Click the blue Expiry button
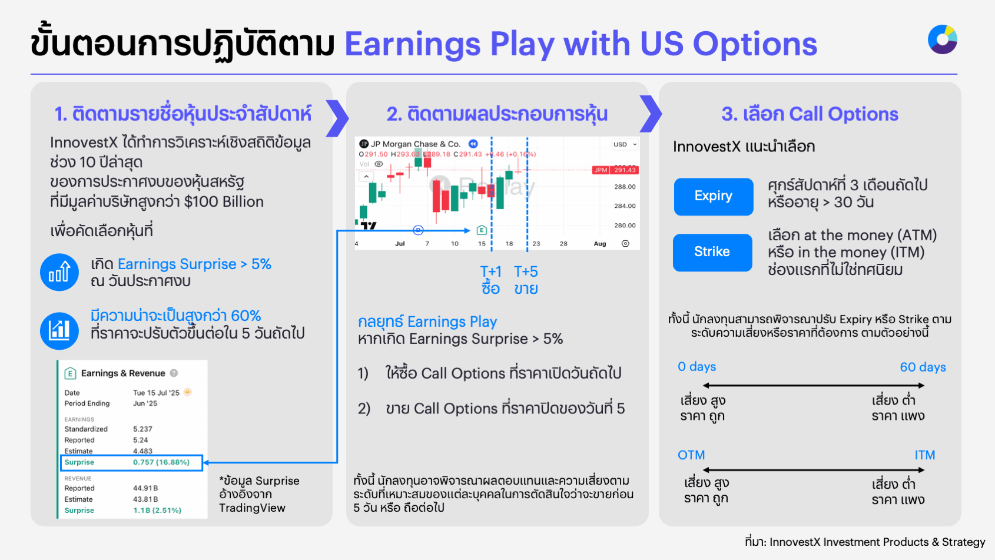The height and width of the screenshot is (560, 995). [x=713, y=196]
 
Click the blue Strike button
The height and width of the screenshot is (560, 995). [x=712, y=252]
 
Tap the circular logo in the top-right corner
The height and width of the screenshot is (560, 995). [x=942, y=39]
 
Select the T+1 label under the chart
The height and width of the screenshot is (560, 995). [x=490, y=271]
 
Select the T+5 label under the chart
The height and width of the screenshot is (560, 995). [x=526, y=271]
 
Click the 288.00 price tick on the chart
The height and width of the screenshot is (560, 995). [x=625, y=187]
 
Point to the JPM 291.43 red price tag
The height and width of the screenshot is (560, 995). [x=615, y=170]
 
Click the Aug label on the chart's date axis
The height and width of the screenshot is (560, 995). [x=600, y=243]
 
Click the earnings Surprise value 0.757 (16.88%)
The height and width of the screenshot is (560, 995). [x=161, y=462]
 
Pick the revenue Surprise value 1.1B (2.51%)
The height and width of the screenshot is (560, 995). [x=157, y=511]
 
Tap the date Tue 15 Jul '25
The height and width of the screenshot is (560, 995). [x=156, y=393]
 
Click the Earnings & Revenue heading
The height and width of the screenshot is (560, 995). [x=123, y=373]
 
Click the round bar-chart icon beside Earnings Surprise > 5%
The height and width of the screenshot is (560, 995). [x=59, y=272]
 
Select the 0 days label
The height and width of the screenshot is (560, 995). [x=696, y=367]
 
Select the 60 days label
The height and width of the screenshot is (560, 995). [x=923, y=367]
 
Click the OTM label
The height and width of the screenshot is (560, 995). [x=691, y=455]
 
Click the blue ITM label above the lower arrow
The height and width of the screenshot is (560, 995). [x=924, y=455]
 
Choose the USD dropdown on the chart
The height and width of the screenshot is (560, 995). [x=624, y=144]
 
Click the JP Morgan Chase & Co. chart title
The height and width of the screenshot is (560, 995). [x=415, y=144]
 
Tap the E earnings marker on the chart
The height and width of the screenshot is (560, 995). [x=482, y=230]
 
